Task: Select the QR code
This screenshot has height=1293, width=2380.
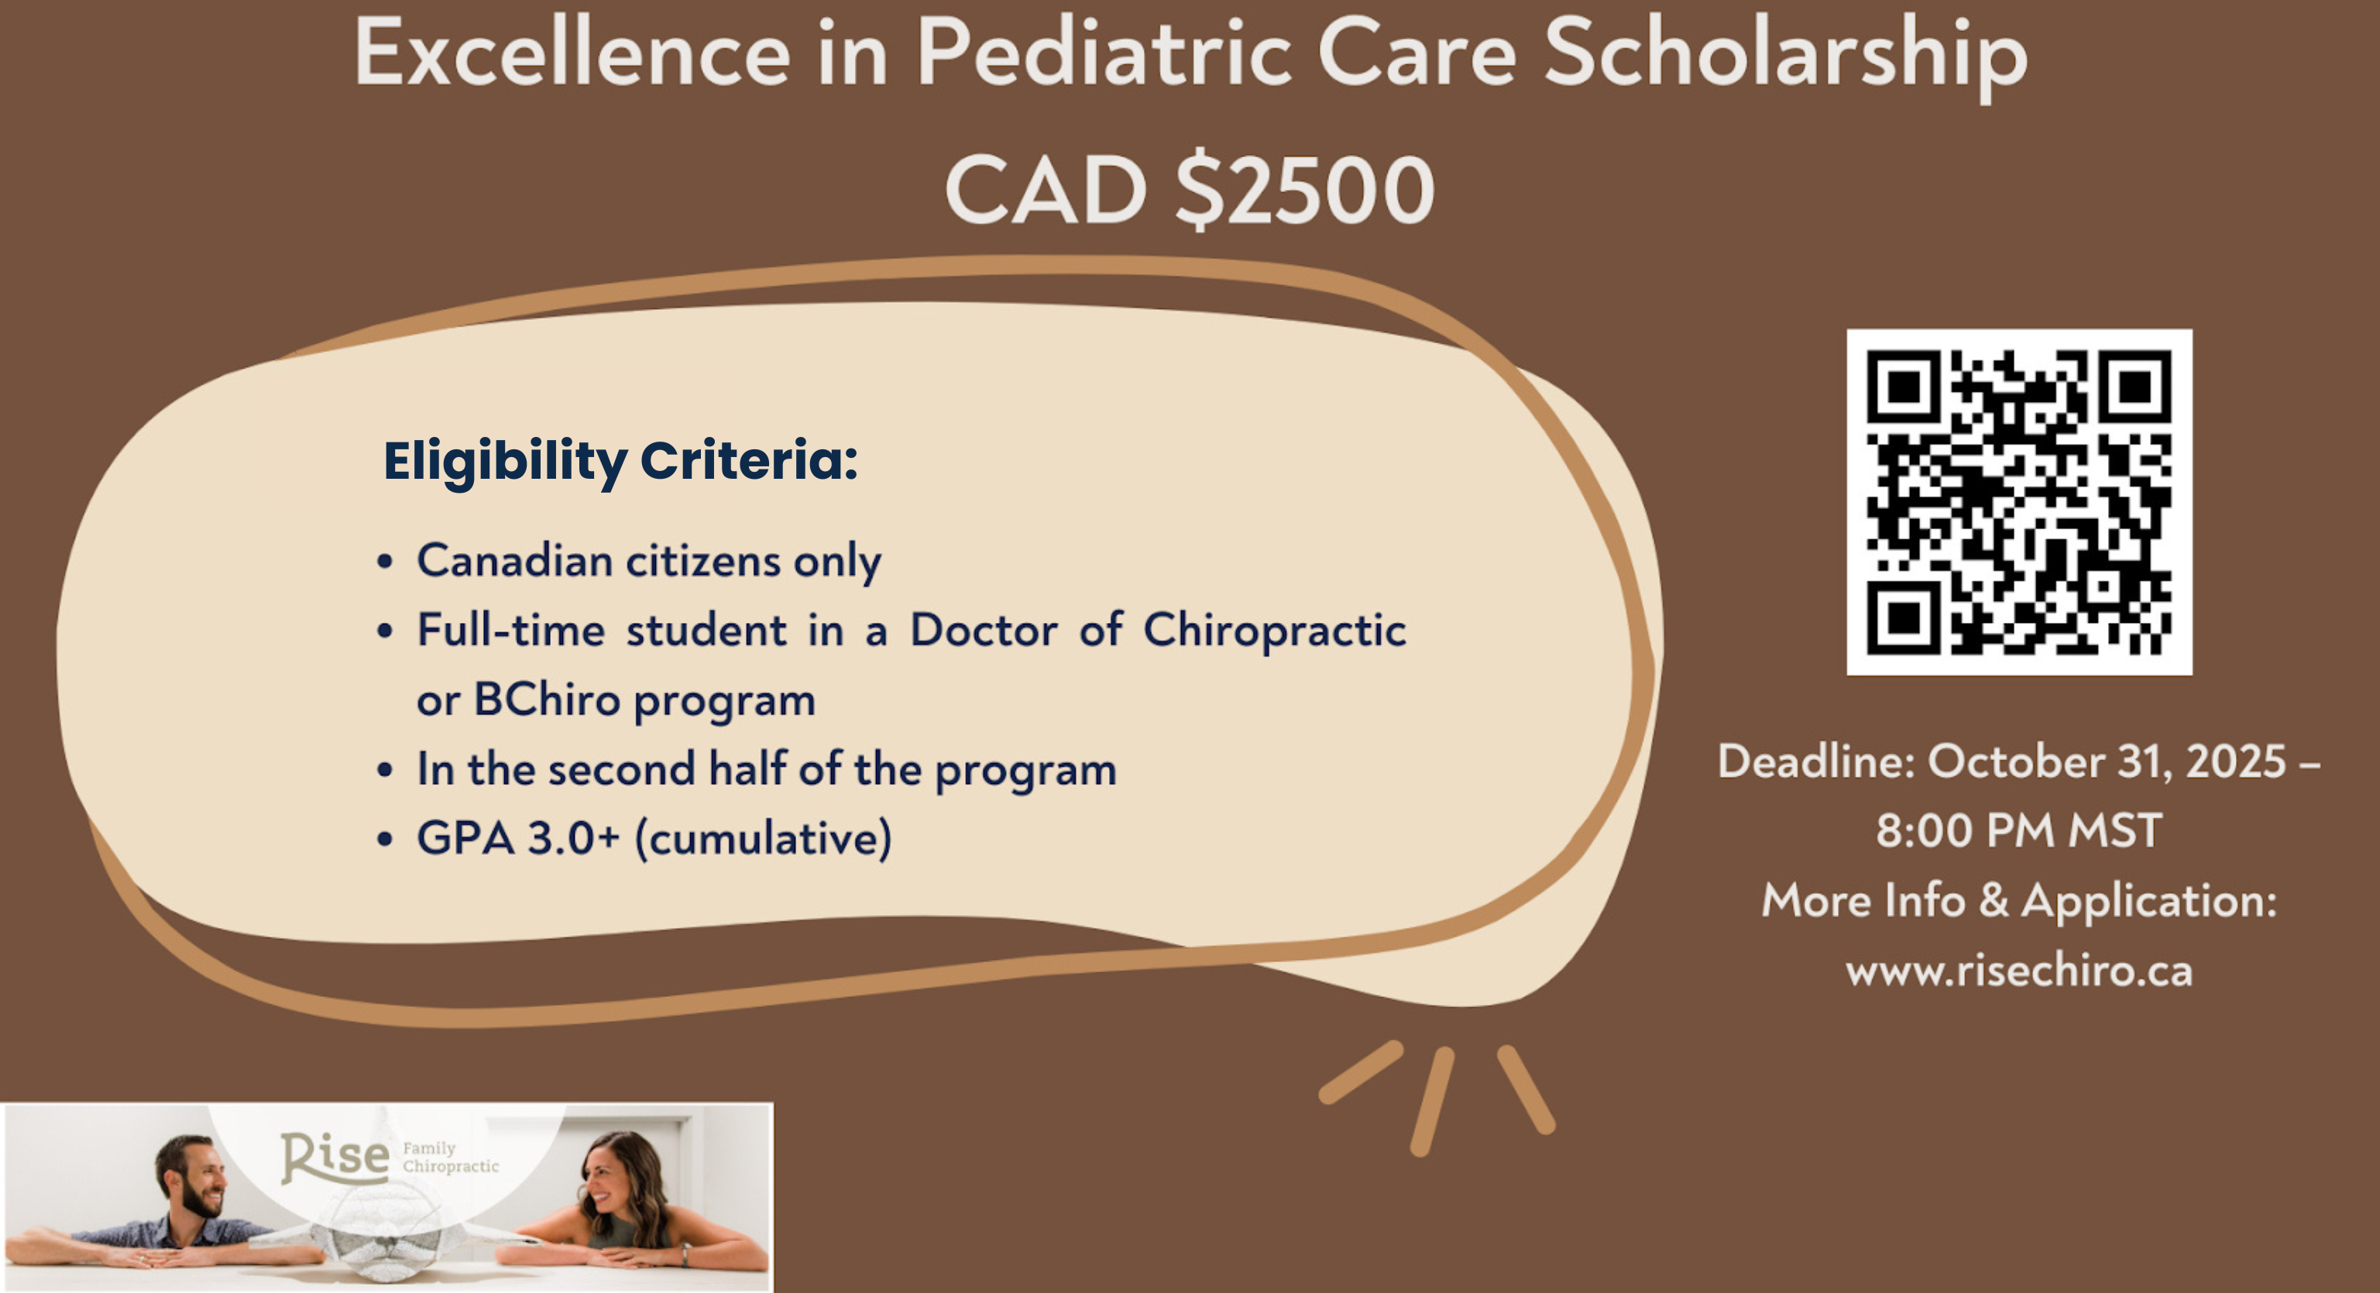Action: [x=2019, y=502]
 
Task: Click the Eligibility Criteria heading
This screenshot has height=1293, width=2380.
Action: [x=620, y=461]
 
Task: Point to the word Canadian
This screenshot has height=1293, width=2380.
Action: [x=514, y=560]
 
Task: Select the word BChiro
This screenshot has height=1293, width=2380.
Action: [x=547, y=700]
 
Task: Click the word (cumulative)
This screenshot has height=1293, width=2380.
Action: [x=763, y=839]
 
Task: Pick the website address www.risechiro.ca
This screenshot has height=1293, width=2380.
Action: [x=2019, y=971]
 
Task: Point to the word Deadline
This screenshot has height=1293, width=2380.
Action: [x=1816, y=762]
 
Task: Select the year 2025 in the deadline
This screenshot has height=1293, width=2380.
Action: [x=2236, y=762]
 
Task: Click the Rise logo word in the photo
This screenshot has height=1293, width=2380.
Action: [x=335, y=1157]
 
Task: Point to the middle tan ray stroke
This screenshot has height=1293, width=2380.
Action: [x=1432, y=1101]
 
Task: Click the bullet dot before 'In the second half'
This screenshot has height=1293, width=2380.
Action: [x=385, y=770]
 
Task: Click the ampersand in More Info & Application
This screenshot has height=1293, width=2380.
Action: [x=1994, y=900]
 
